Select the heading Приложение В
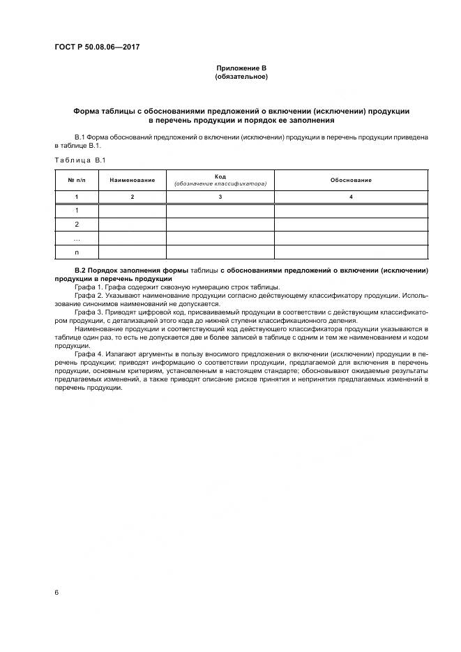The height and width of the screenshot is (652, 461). tap(241, 68)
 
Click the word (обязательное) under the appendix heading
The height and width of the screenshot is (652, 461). tap(241, 77)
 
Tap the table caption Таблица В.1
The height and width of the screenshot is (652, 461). tap(80, 160)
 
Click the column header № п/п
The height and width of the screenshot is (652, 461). tap(76, 180)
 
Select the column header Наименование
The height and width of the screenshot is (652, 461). tap(132, 180)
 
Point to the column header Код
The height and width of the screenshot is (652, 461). tap(220, 176)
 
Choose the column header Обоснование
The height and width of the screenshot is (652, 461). tap(351, 180)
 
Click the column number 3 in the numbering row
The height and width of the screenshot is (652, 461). tap(220, 198)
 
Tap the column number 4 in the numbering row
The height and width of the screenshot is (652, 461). tap(351, 198)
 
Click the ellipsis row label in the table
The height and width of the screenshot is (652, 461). tap(77, 238)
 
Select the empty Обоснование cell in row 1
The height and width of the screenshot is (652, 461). tap(351, 211)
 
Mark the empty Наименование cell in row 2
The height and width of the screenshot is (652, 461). tap(132, 225)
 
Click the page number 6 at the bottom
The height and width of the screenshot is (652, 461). tap(56, 592)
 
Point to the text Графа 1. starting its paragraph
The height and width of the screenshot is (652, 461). tap(87, 287)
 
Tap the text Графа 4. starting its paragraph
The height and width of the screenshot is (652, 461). tap(87, 355)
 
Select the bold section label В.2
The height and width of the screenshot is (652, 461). tap(80, 270)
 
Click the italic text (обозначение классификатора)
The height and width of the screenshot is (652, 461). tap(220, 184)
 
